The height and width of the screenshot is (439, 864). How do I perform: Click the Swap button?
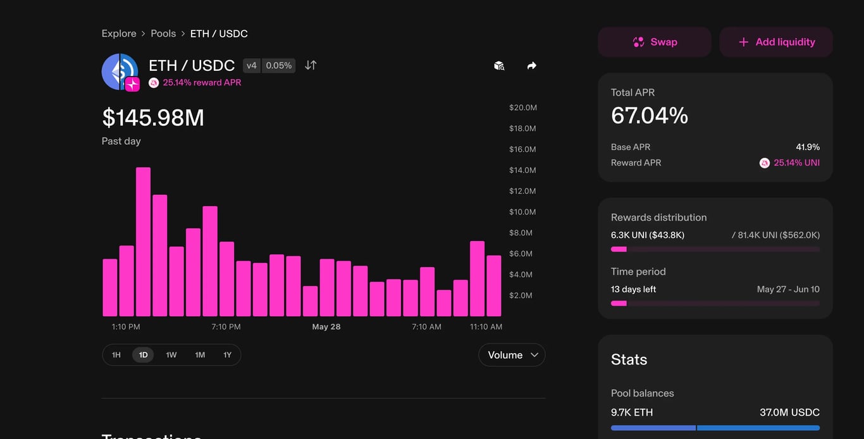point(655,42)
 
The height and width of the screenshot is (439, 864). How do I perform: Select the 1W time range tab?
point(171,355)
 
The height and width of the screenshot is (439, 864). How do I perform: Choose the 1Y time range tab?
point(227,355)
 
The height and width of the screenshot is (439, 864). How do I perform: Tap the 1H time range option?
point(116,355)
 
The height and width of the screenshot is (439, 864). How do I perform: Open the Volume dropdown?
point(512,355)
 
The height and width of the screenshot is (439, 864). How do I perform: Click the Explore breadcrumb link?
point(119,34)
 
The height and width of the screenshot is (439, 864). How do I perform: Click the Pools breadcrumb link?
point(163,34)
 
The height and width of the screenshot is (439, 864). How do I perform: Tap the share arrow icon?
point(532,66)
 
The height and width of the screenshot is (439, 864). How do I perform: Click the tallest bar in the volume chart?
point(144,242)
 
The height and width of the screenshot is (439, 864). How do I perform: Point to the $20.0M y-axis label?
point(523,108)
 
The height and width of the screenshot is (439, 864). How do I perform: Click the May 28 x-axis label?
point(326,327)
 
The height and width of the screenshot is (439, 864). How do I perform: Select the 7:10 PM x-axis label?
point(226,327)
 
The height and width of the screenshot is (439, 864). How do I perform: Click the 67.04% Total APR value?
point(650,116)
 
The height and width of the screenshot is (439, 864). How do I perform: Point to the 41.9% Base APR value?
point(808,147)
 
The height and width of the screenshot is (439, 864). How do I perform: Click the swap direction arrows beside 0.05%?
point(311,65)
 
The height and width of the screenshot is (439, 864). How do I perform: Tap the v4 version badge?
point(252,65)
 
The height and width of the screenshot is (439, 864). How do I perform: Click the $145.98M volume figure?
point(153,118)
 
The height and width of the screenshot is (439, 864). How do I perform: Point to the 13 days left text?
point(634,289)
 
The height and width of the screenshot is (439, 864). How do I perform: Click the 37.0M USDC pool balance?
point(789,412)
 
